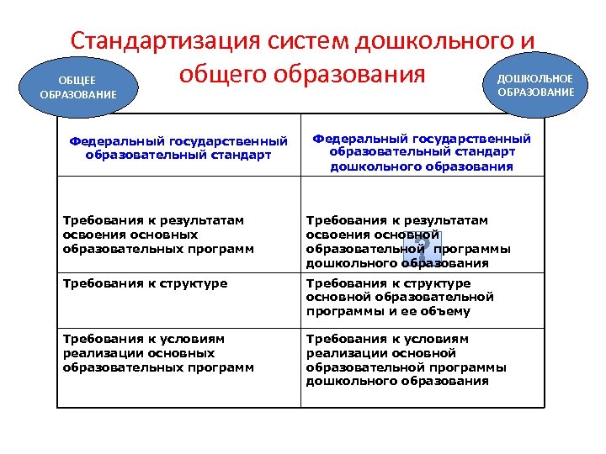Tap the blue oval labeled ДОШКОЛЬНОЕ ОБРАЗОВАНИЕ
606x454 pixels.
click(x=535, y=84)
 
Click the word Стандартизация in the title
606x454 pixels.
click(x=167, y=41)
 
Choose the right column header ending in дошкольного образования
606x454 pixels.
click(x=422, y=152)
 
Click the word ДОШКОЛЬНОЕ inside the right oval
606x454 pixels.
click(x=535, y=78)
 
